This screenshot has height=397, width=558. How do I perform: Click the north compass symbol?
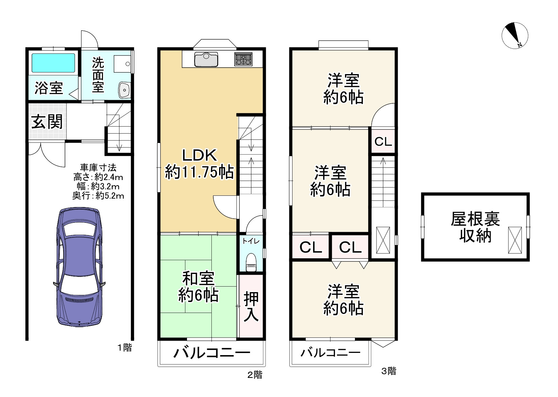pos(515,36)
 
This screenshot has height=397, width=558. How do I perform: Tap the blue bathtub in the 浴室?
pos(53,63)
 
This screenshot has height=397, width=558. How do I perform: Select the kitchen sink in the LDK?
pos(206,60)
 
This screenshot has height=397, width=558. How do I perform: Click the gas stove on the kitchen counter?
pos(243,59)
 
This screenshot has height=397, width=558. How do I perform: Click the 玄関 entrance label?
pos(47,122)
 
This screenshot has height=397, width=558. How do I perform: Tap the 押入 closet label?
pos(251,306)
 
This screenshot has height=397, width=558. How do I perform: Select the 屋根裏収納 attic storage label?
pos(475,227)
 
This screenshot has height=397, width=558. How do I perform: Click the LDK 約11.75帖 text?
pos(200,164)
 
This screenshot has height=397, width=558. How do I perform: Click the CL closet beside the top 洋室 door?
pos(383,141)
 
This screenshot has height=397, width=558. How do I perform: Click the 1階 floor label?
pos(125,348)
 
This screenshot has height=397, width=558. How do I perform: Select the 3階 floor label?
pos(388,371)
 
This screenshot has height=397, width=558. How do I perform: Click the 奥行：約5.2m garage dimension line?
pos(98,196)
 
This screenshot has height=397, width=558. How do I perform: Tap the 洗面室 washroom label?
pos(98,75)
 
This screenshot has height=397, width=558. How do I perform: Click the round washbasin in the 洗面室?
pos(124,90)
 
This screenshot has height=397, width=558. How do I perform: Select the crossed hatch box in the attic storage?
pos(515,240)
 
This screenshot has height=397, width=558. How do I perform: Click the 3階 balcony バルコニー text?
pos(330,353)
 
